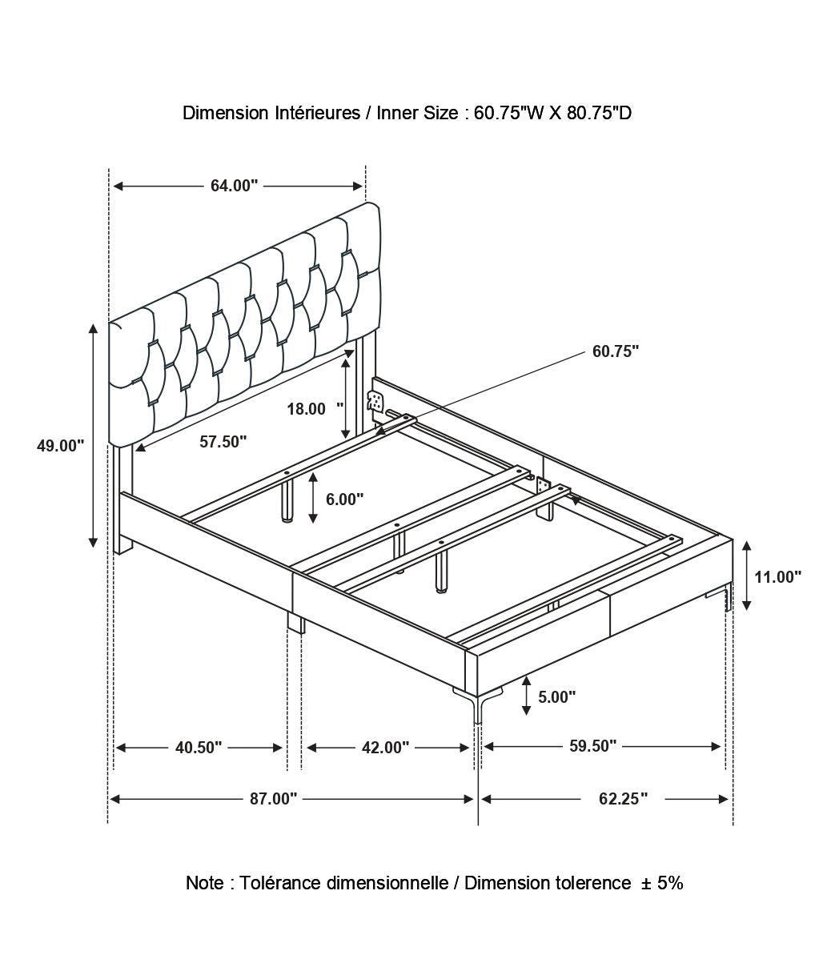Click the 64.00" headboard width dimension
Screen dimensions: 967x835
click(234, 186)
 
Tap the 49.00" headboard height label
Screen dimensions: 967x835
click(60, 445)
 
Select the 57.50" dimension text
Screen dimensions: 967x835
click(223, 441)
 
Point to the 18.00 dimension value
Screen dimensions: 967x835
click(307, 409)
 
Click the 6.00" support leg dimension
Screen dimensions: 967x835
click(344, 500)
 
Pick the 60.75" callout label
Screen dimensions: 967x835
click(616, 351)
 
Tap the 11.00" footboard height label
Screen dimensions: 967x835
click(777, 576)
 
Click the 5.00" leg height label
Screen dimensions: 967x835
click(556, 696)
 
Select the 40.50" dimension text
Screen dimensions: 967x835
click(199, 748)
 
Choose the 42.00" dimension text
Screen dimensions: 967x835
click(385, 748)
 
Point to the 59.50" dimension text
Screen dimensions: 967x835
click(592, 746)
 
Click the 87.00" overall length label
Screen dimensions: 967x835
click(272, 799)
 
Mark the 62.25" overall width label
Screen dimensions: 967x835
click(621, 799)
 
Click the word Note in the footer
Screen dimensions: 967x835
click(205, 883)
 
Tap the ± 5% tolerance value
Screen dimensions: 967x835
click(661, 883)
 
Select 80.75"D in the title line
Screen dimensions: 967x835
click(599, 113)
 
